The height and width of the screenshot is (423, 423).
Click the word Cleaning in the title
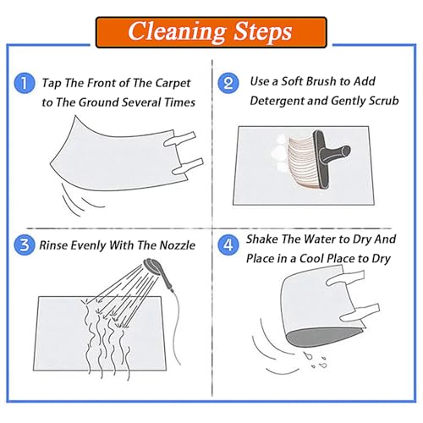click(177, 32)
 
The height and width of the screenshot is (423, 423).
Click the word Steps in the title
click(263, 32)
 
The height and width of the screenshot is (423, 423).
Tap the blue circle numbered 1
click(25, 83)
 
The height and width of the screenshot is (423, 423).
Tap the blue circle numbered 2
click(228, 83)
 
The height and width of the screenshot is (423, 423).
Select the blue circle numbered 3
click(25, 244)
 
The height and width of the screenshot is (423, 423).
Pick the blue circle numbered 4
click(228, 244)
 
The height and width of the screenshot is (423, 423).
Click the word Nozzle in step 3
click(178, 245)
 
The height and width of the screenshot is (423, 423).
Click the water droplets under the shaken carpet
click(316, 360)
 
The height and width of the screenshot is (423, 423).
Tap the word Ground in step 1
click(98, 102)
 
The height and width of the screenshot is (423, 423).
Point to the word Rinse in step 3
click(53, 245)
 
